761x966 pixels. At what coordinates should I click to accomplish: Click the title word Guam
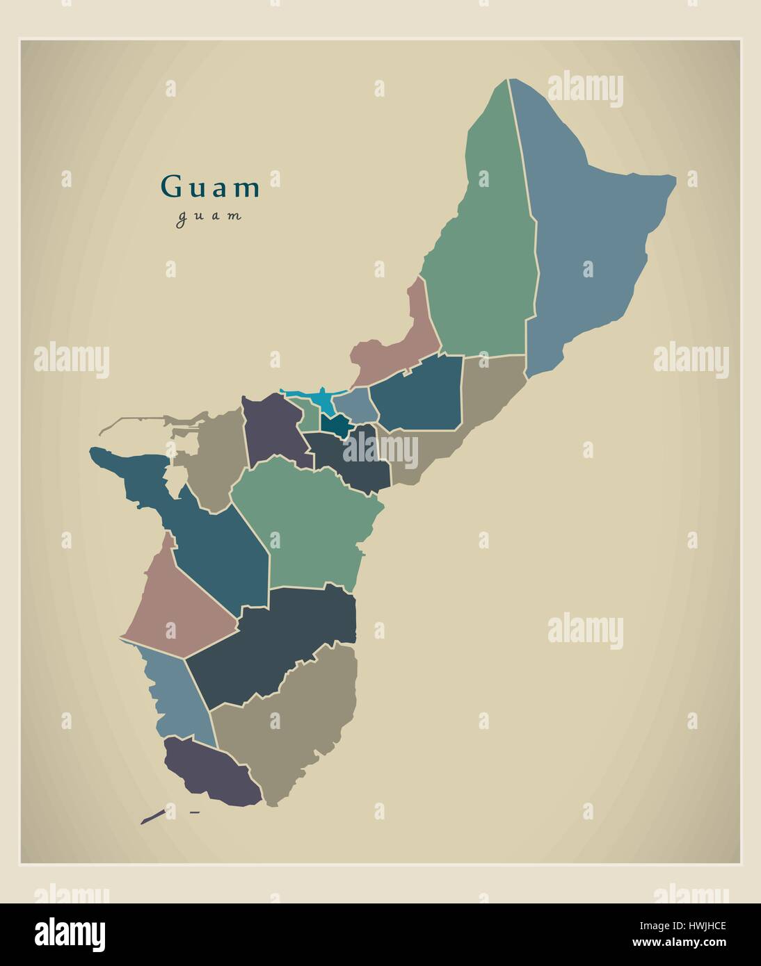click(x=211, y=187)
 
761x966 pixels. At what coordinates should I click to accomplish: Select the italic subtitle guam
click(x=209, y=216)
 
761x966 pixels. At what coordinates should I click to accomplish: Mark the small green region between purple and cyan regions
click(x=307, y=416)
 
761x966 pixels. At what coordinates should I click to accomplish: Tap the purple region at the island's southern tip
click(x=209, y=771)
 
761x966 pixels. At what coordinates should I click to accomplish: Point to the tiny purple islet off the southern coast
click(x=152, y=817)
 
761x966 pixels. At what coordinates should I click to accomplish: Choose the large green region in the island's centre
click(x=306, y=521)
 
